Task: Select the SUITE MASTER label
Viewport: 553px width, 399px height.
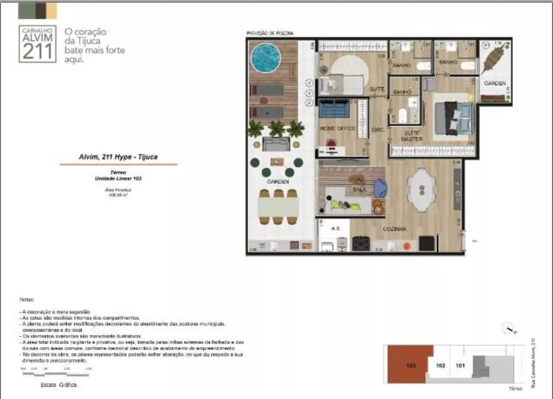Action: click(x=413, y=136)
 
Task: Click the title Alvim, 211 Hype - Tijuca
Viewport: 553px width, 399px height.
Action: click(x=118, y=157)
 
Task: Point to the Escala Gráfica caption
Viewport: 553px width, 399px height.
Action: click(x=59, y=385)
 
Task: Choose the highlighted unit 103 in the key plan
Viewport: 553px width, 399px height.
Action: click(x=409, y=365)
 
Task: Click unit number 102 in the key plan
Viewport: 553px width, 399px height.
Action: click(x=441, y=365)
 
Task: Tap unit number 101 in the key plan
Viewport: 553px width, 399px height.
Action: click(x=460, y=365)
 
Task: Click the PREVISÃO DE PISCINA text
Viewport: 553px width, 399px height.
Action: click(x=270, y=34)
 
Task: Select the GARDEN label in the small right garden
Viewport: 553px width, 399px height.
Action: click(x=494, y=83)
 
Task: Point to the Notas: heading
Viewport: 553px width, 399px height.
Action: click(x=27, y=299)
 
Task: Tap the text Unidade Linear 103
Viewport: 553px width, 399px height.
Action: click(x=118, y=179)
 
